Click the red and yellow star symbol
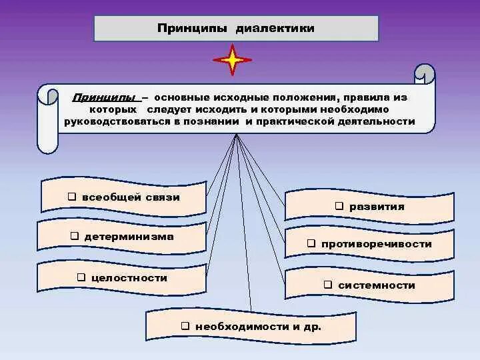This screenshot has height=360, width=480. click(x=233, y=60)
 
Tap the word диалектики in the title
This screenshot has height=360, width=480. click(x=274, y=29)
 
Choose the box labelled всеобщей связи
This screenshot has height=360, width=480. click(x=123, y=197)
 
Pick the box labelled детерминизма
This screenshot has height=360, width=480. click(x=121, y=237)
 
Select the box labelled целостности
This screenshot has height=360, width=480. click(x=121, y=277)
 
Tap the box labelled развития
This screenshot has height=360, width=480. click(x=369, y=207)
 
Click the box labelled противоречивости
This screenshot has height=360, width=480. click(x=369, y=244)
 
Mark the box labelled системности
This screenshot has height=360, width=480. click(x=369, y=285)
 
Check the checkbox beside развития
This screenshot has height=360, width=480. click(x=338, y=207)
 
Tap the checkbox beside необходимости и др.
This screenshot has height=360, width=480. click(x=185, y=326)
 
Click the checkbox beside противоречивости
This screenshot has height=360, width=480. click(x=311, y=244)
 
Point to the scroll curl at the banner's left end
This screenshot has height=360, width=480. click(x=47, y=95)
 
